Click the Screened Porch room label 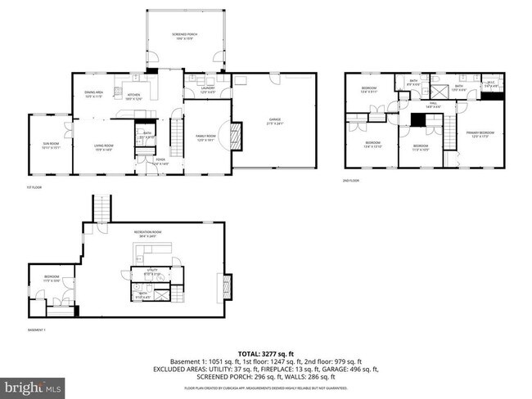tap(184, 36)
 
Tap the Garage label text tap(274, 121)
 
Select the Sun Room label tap(51, 146)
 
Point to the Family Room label tap(204, 137)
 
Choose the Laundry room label tap(208, 91)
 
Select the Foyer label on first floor tap(160, 161)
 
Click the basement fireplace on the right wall tap(228, 287)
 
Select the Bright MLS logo tap(33, 384)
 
